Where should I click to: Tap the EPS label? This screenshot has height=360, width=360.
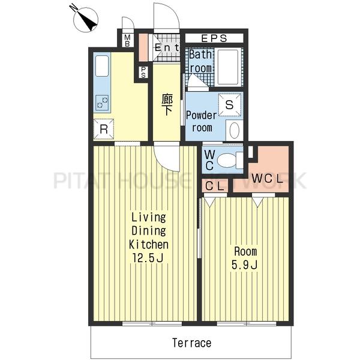214,38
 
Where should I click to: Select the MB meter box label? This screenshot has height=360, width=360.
127,40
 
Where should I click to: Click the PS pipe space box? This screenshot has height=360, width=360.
143,72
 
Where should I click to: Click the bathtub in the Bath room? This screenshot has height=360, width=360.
229,67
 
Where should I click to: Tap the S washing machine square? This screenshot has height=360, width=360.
229,104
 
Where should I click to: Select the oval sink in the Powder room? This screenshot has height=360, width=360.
235,130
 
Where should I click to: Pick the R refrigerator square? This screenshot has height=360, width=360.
104,129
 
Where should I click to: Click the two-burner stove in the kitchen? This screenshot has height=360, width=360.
103,103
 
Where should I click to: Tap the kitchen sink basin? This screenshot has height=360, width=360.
102,66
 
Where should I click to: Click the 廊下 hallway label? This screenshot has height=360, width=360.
167,104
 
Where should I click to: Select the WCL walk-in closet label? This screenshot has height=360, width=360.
267,179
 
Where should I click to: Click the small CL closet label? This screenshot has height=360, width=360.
215,186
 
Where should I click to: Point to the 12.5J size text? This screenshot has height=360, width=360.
148,258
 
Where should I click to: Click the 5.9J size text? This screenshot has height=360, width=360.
244,265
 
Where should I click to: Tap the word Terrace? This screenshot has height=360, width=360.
192,343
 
